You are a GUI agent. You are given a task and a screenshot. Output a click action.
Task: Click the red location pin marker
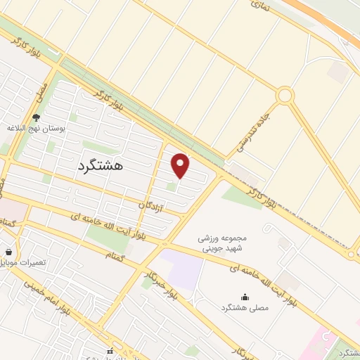pyautogui.click(x=181, y=165)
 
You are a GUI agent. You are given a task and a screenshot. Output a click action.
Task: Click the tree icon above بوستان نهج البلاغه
pyautogui.click(x=36, y=117)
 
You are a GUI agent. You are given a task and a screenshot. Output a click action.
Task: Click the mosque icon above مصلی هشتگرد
pyautogui.click(x=244, y=297)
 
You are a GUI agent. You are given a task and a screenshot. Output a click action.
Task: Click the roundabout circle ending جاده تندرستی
pyautogui.click(x=285, y=95)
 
